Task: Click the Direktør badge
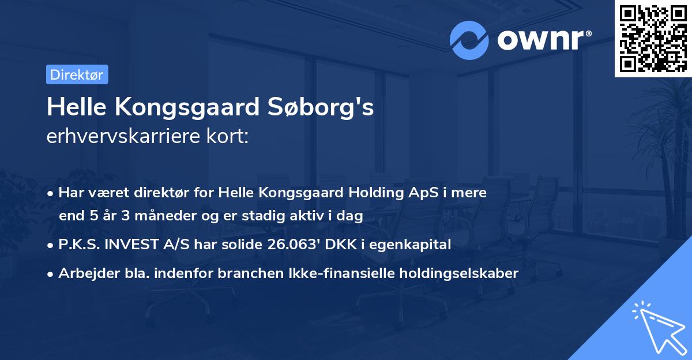pos(77,74)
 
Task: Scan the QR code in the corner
pos(653,38)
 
